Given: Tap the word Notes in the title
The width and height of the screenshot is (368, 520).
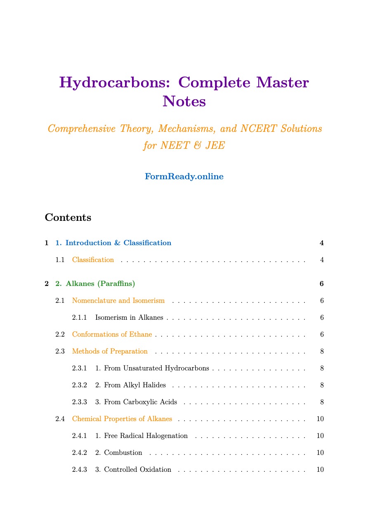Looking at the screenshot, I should point(184,101).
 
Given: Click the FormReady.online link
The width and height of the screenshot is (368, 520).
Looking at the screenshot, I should point(184,177).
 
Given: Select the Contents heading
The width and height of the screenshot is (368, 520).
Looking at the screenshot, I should point(68,218).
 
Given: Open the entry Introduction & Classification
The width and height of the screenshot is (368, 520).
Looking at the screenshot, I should point(113,243).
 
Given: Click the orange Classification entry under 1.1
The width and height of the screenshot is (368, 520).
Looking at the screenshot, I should point(93,260).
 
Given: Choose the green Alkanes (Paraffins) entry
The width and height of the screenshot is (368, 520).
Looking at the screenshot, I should point(95,284).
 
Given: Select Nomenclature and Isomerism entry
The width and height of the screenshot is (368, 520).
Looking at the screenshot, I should point(118,301).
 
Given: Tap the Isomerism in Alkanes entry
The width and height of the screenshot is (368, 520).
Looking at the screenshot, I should point(129,318).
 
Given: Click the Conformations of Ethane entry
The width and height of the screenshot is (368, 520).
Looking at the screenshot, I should point(112,335).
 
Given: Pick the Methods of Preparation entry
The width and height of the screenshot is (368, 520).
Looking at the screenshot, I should point(110,351).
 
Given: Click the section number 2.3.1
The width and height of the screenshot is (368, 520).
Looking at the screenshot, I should point(79,368).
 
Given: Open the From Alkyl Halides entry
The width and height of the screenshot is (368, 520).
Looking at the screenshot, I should point(130,385).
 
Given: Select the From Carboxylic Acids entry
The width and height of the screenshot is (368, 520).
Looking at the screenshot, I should point(136,402).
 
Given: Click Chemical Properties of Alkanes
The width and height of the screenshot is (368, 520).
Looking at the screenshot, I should point(122,419).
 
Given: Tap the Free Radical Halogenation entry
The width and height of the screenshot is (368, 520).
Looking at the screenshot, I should point(141,436).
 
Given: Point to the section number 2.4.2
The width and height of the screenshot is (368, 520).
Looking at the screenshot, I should point(79,453).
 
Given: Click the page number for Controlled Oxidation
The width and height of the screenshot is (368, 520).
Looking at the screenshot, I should point(320,470).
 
